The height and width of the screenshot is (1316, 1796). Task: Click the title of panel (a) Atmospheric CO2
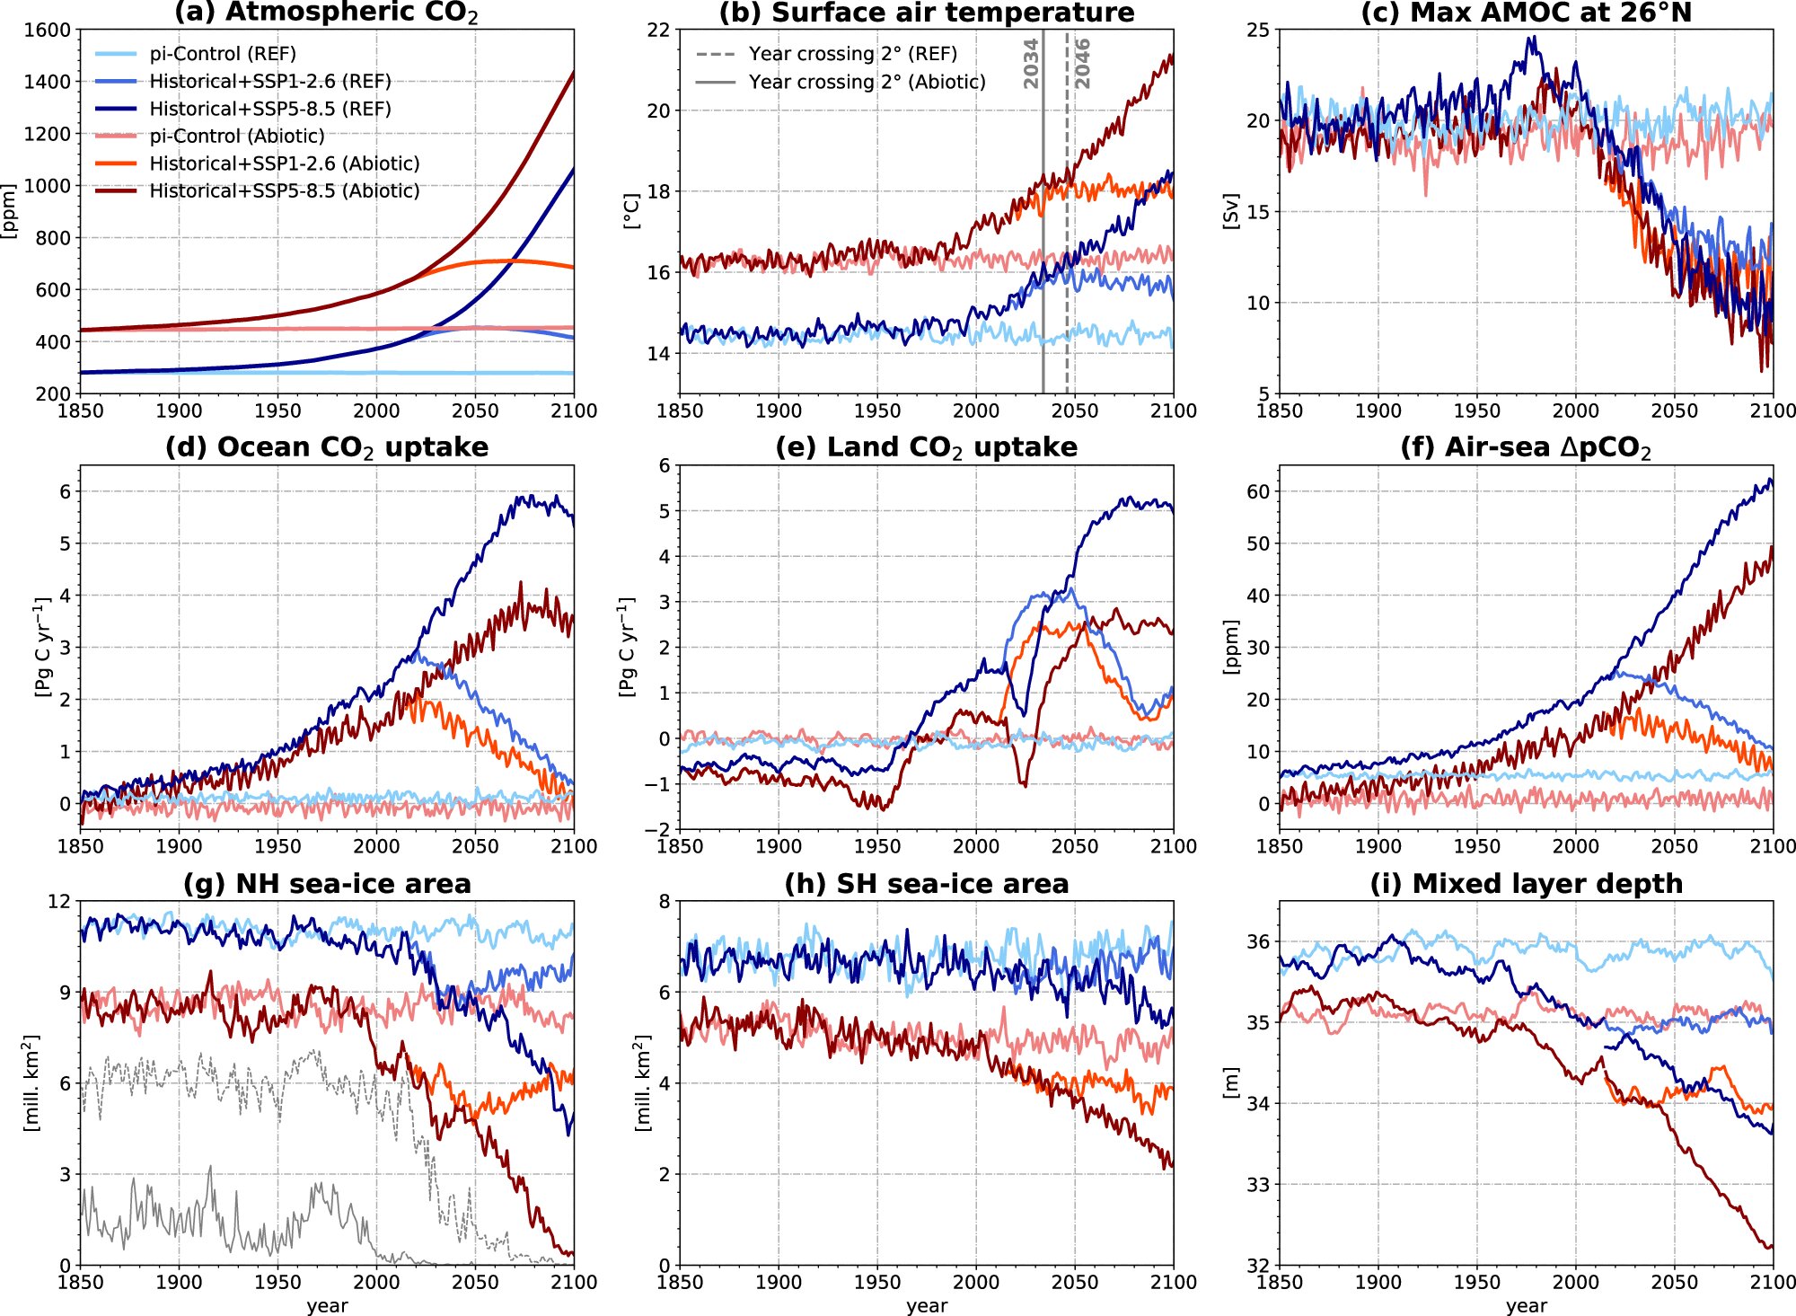(x=326, y=13)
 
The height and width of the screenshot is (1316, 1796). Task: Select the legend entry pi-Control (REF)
(x=222, y=54)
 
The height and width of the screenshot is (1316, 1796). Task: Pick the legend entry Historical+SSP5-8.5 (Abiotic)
(x=284, y=190)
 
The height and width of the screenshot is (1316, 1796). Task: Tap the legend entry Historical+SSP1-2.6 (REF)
(x=269, y=82)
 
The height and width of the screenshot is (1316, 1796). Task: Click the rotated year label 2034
(x=1031, y=63)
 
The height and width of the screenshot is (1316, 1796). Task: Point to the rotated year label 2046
(x=1082, y=63)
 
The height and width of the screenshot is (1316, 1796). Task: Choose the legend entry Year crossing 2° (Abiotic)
(x=867, y=82)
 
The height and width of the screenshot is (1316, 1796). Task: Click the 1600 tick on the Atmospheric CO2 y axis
(x=48, y=30)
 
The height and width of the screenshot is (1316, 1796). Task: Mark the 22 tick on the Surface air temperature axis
(x=658, y=30)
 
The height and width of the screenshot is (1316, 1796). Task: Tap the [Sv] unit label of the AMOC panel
(x=1231, y=211)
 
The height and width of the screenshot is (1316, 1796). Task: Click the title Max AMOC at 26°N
(x=1526, y=13)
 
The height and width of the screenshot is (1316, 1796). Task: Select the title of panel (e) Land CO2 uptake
(x=926, y=447)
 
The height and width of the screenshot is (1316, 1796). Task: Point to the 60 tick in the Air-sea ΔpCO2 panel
(x=1258, y=491)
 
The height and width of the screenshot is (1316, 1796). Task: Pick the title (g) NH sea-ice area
(x=327, y=884)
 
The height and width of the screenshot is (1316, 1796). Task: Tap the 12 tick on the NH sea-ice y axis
(x=58, y=901)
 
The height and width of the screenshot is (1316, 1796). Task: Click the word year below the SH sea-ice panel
(x=926, y=1305)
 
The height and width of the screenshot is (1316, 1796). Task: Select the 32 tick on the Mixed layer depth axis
(x=1258, y=1265)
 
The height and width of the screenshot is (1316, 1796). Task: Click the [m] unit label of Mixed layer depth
(x=1231, y=1082)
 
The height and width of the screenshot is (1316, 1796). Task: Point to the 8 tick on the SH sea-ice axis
(x=665, y=901)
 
